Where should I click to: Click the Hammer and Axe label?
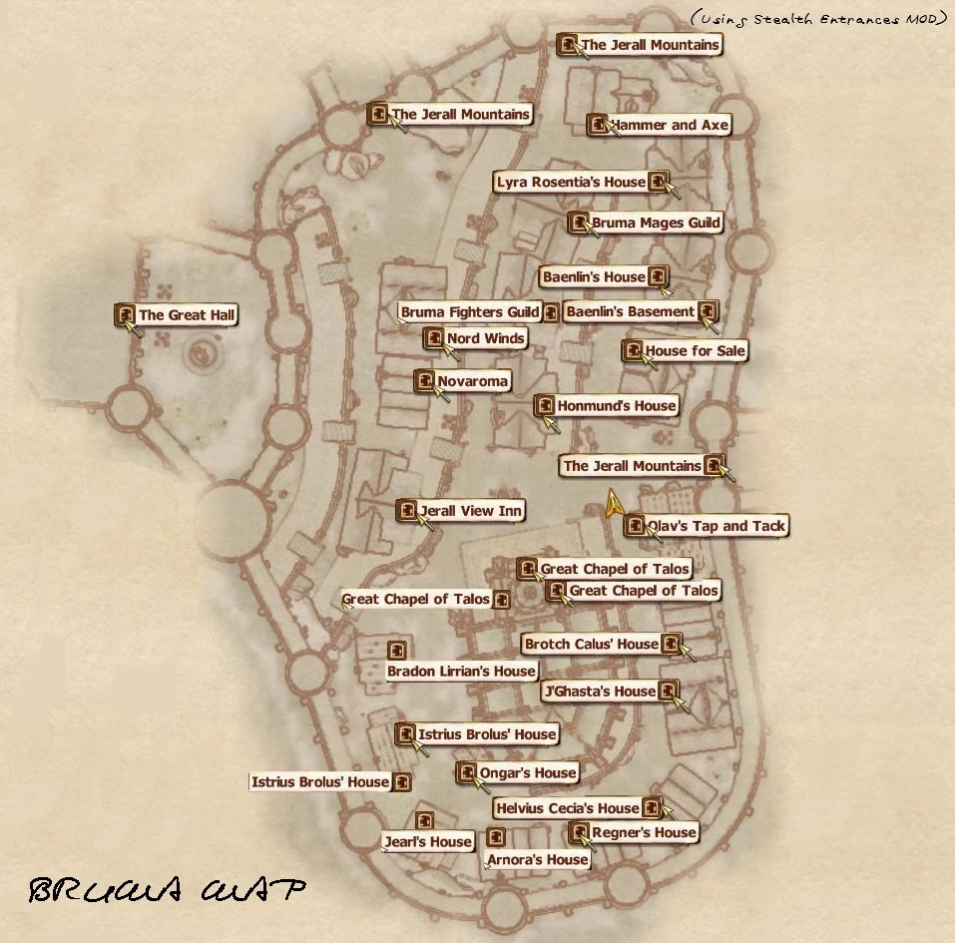coord(670,125)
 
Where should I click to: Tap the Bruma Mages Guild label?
coord(656,223)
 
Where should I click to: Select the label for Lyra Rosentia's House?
coord(571,182)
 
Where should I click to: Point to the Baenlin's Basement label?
coord(630,312)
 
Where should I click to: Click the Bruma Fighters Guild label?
coord(470,312)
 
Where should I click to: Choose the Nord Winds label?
coord(485,338)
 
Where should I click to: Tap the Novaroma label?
coord(472,381)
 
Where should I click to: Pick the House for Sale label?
coord(695,351)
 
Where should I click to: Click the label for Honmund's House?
coord(616,405)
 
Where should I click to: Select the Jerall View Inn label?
coord(471,511)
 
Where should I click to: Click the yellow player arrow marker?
coord(613,504)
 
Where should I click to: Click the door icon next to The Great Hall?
coord(126,315)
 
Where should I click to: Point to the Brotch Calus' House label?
coord(591,645)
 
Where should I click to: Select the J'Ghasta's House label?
coord(600,691)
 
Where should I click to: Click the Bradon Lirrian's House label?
coord(461,672)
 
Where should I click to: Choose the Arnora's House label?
coord(537,859)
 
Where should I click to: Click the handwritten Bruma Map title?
coord(166,890)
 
